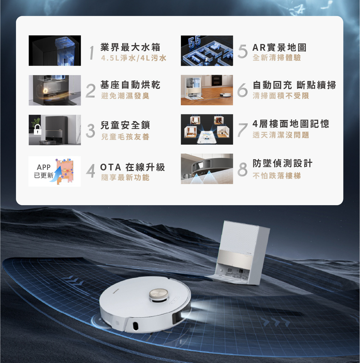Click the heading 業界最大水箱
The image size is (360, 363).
[x=130, y=47]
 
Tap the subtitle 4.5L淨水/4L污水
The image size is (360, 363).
[x=134, y=58]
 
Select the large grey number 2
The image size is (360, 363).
[x=91, y=91]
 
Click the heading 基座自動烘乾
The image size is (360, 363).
[x=130, y=85]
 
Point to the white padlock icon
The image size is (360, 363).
[x=37, y=130]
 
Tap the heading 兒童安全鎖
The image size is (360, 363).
[x=125, y=125]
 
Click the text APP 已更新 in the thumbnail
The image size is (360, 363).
[x=44, y=171]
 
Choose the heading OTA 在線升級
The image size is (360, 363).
[x=133, y=167]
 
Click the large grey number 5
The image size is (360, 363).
[x=243, y=52]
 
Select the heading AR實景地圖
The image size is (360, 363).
[x=279, y=47]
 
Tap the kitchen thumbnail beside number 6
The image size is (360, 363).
[x=207, y=90]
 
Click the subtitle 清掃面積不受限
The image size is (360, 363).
[x=281, y=96]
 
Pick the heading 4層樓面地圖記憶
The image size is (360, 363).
[x=291, y=124]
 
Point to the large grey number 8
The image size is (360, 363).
[x=242, y=170]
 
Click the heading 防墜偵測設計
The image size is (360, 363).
[x=282, y=163]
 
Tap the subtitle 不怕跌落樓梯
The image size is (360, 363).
[x=277, y=176]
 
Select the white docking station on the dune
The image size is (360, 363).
[x=241, y=252]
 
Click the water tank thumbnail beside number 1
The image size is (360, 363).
[x=55, y=51]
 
